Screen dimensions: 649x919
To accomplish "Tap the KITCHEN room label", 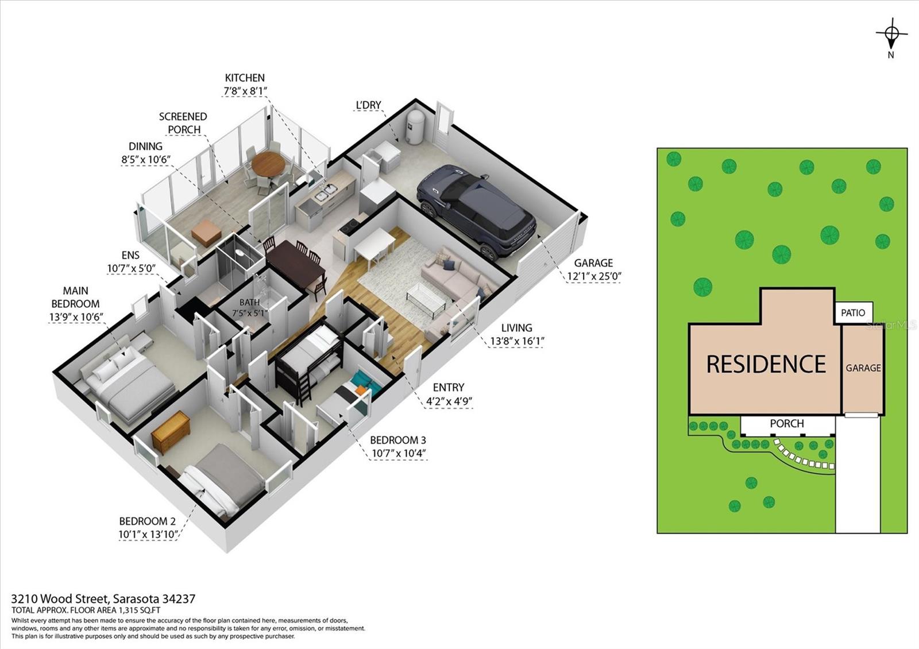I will point(245,78).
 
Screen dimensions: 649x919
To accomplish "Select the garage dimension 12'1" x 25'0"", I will point(594,276).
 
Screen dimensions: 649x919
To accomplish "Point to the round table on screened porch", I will point(268,164).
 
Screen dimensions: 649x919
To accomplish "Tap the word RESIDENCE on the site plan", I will point(766,364).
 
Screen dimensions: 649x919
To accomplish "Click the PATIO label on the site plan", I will point(853,313).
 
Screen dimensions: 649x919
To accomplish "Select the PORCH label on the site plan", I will point(786,424).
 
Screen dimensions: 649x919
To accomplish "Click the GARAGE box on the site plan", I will point(863,368).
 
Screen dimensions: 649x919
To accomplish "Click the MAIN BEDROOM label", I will point(75,297).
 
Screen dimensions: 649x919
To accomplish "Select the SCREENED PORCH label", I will point(183,122).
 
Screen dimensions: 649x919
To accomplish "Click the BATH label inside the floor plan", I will point(249,302).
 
